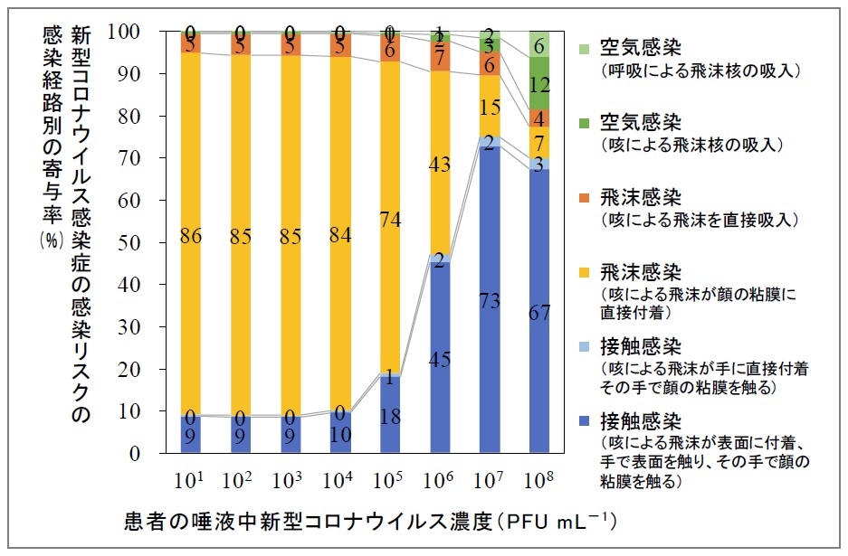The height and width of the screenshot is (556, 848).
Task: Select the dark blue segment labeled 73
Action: coord(490,300)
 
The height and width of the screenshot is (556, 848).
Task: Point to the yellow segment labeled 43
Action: coord(440,165)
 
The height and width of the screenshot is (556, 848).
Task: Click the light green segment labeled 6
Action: coord(539,44)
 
